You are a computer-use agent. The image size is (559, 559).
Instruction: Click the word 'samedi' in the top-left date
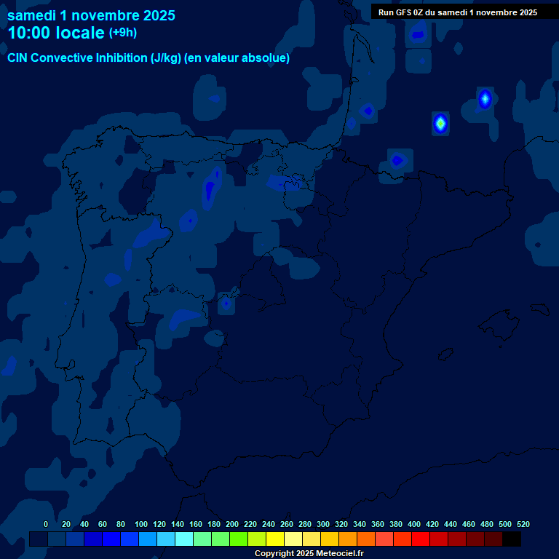(x=31, y=15)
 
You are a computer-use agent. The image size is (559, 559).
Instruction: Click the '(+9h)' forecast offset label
(x=122, y=32)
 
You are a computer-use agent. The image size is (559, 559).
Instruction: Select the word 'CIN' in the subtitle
(x=17, y=58)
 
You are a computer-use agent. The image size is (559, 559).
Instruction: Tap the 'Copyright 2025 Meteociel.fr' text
(x=309, y=553)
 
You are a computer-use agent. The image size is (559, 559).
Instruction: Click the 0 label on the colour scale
(x=46, y=524)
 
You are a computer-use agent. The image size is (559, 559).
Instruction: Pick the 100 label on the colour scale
(x=141, y=524)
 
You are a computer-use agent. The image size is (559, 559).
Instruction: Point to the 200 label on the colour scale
(x=232, y=524)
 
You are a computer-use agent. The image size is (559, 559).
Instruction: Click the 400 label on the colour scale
(x=414, y=524)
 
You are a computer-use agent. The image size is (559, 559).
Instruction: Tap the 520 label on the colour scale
(x=523, y=524)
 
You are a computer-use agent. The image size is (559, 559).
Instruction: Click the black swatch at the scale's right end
(x=511, y=539)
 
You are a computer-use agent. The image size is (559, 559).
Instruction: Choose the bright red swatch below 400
(x=420, y=539)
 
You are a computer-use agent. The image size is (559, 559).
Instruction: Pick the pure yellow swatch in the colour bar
(x=274, y=539)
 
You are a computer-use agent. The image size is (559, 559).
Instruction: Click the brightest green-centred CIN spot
(x=440, y=123)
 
